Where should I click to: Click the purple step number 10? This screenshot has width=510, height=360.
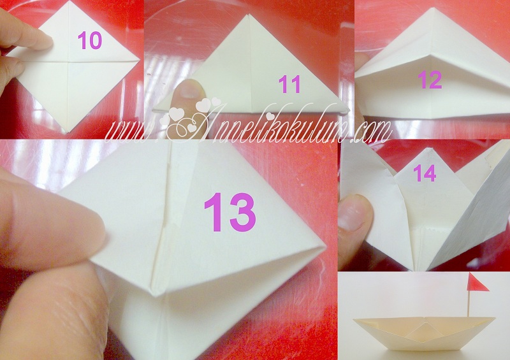90,41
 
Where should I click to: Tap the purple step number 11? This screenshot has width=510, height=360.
289,85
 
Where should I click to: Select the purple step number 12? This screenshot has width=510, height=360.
430,80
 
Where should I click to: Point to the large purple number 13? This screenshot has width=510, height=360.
229,212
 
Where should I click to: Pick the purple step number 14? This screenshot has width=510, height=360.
425,173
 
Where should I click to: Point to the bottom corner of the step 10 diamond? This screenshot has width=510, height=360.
68,133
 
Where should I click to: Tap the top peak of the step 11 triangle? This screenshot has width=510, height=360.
248,15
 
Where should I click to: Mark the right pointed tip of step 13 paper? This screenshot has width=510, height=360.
325,247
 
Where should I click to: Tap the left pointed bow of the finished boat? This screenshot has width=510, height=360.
354,320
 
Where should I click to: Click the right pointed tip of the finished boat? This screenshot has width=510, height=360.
495,319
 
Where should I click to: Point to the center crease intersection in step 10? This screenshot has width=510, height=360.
68,61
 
